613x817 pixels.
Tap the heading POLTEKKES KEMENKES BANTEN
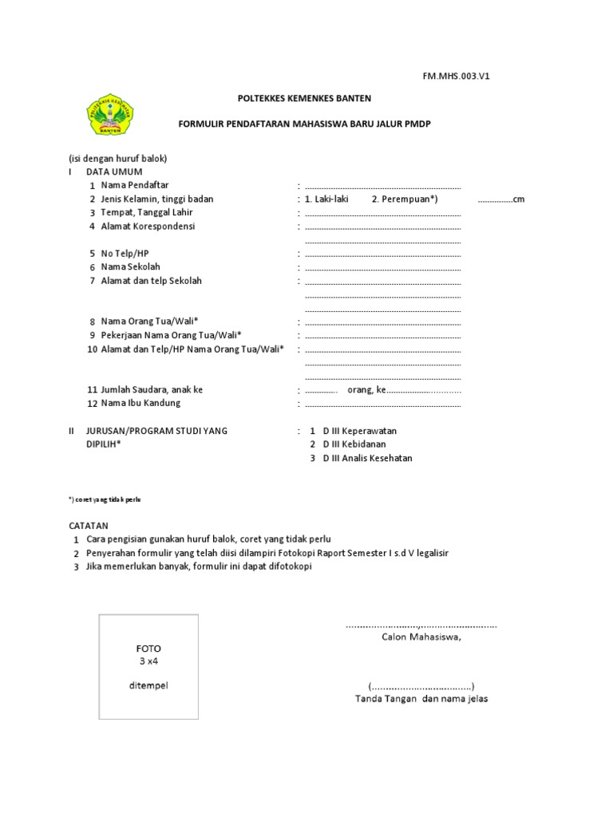(x=305, y=98)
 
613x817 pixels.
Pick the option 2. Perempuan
(x=405, y=199)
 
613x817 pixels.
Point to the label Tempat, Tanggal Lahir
(x=147, y=212)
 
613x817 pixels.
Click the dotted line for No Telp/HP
(x=383, y=254)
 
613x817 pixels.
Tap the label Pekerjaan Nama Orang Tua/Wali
(x=171, y=335)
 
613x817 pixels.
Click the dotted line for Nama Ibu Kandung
(x=383, y=404)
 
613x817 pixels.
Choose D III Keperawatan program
(x=359, y=431)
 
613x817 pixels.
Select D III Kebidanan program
(x=354, y=444)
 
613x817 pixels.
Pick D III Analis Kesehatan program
(x=367, y=458)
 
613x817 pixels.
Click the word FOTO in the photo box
(x=148, y=649)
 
